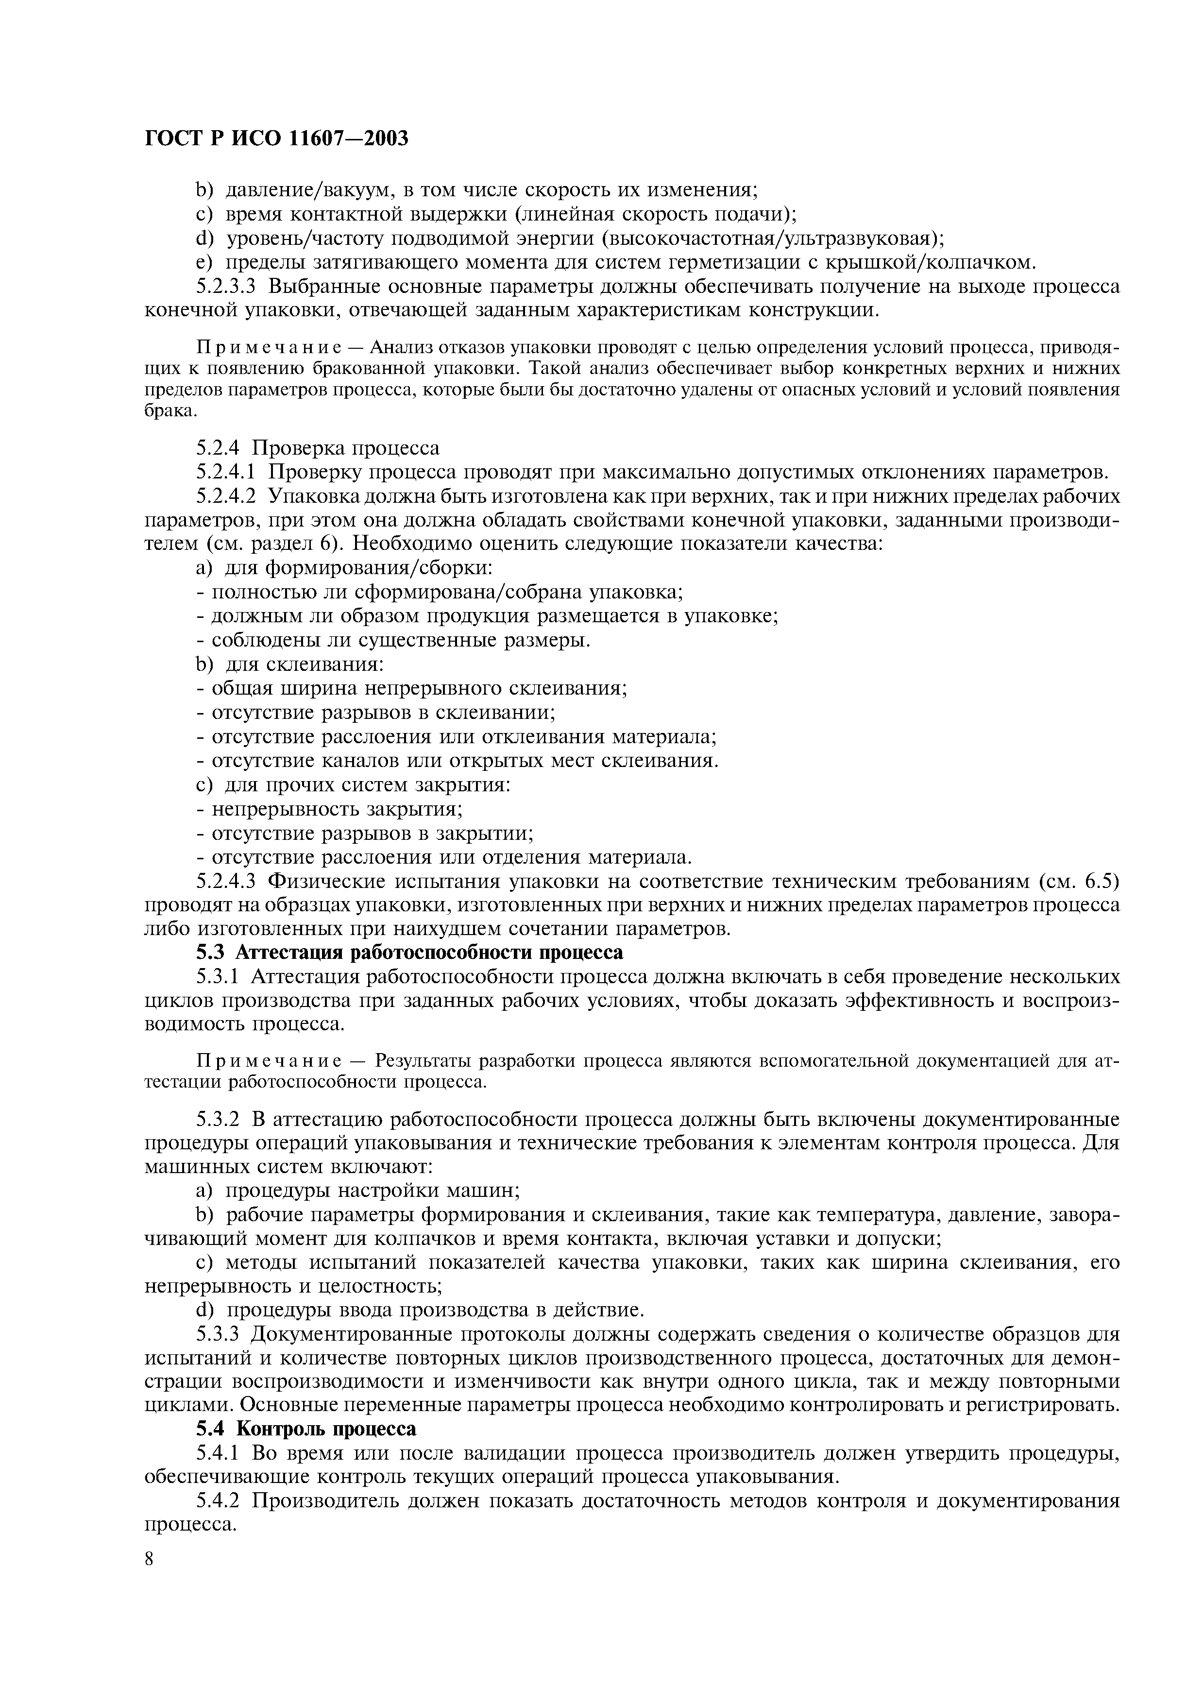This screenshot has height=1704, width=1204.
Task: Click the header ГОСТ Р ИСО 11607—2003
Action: point(276,138)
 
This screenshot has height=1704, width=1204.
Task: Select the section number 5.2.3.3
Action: point(228,287)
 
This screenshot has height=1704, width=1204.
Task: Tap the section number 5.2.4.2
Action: point(228,496)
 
